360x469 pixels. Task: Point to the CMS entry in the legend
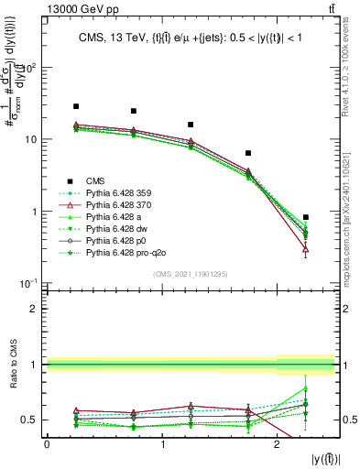tap(98, 181)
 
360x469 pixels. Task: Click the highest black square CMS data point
tap(76, 106)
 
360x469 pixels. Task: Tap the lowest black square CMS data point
tap(305, 217)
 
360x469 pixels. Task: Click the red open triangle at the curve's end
tap(305, 249)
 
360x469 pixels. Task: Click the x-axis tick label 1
tap(162, 444)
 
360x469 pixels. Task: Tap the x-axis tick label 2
tap(277, 444)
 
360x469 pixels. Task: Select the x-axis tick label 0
tap(48, 444)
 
